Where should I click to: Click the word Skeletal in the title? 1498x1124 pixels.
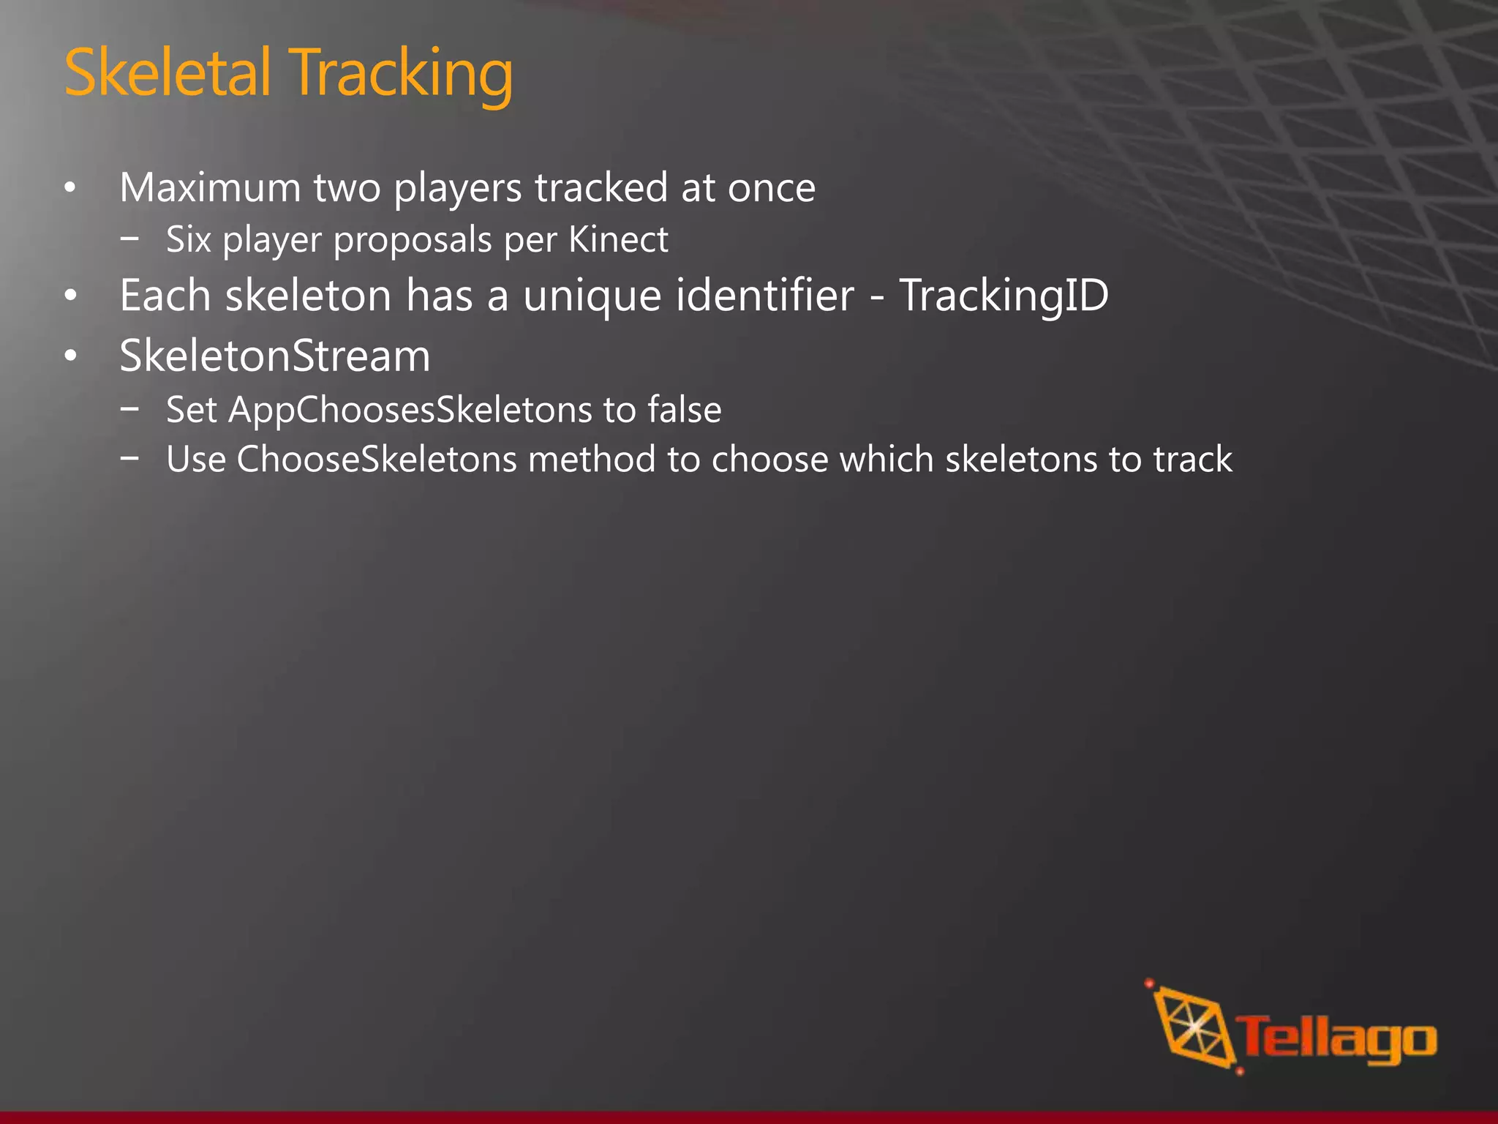click(168, 72)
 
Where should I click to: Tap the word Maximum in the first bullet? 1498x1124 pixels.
click(210, 187)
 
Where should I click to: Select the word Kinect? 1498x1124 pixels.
click(618, 239)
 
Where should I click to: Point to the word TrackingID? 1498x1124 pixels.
click(1004, 296)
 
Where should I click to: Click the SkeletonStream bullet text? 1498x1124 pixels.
click(275, 356)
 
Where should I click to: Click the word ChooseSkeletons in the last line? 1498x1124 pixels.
click(377, 460)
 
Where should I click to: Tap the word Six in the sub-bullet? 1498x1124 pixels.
click(188, 239)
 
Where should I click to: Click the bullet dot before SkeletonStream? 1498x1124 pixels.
click(70, 356)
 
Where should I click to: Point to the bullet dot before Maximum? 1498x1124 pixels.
click(70, 188)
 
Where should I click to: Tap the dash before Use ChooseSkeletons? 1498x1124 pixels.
click(130, 459)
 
